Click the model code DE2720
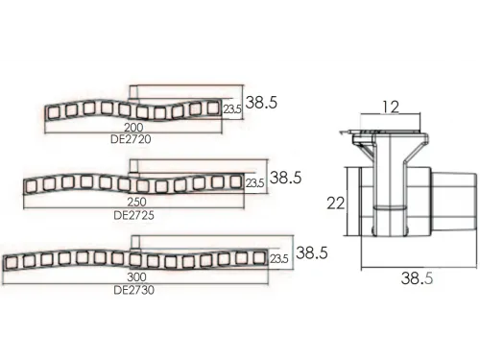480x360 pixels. click(x=131, y=139)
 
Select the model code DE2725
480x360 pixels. click(x=133, y=215)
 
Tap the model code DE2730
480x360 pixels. click(x=133, y=290)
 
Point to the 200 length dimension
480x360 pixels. click(x=133, y=128)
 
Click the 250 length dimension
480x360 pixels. click(x=137, y=202)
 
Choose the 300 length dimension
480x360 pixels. click(x=136, y=276)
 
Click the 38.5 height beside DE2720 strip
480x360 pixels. click(x=261, y=103)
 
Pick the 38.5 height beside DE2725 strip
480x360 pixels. click(x=285, y=178)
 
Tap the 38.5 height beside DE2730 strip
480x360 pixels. click(x=312, y=252)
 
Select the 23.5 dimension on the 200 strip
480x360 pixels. click(x=232, y=109)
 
